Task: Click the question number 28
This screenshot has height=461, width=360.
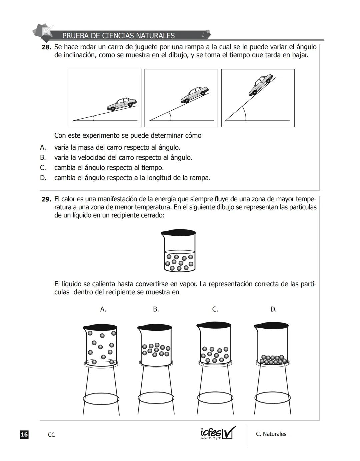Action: tap(46, 47)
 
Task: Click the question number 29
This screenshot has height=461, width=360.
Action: tap(46, 199)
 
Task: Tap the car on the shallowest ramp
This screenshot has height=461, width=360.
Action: tap(122, 104)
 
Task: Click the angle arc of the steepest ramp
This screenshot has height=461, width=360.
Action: tap(245, 114)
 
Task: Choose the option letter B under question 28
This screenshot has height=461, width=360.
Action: tap(43, 158)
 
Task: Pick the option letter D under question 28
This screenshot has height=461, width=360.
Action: tap(43, 178)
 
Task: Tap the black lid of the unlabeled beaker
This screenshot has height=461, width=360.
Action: tap(178, 233)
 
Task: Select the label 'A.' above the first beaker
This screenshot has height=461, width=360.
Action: tap(103, 309)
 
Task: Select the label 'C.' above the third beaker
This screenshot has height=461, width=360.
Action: tap(215, 309)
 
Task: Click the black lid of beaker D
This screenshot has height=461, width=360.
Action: tap(271, 325)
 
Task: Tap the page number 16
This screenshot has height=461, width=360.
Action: tap(24, 435)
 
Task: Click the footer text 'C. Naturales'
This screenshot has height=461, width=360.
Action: tap(271, 434)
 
